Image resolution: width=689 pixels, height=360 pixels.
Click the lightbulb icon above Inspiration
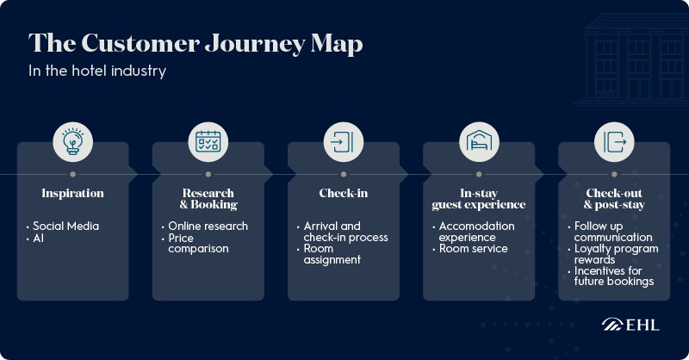coord(72,140)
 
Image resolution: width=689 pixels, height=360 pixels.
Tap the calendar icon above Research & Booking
coord(208,140)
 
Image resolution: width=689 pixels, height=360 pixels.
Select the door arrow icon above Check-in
coord(343,140)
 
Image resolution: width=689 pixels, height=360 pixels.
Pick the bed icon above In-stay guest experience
coord(478,140)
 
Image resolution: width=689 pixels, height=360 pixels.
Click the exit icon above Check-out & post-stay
coord(613,140)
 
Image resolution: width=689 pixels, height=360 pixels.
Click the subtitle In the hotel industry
coord(97,71)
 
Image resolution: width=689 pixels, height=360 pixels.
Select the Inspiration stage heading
coord(72,193)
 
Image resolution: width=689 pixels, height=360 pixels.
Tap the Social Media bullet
coord(65,226)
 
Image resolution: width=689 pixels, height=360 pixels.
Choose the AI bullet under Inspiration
coord(40,238)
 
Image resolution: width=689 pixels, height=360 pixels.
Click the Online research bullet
coord(208,226)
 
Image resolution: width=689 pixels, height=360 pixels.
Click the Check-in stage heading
coord(344,193)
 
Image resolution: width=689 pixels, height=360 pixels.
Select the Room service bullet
coord(473,249)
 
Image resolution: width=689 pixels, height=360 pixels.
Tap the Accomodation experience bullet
coord(476,232)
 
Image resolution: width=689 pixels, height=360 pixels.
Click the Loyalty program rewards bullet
coord(615,254)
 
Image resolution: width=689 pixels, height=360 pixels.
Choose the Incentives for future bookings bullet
coord(613,276)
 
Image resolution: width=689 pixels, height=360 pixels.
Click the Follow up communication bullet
coord(612,232)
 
